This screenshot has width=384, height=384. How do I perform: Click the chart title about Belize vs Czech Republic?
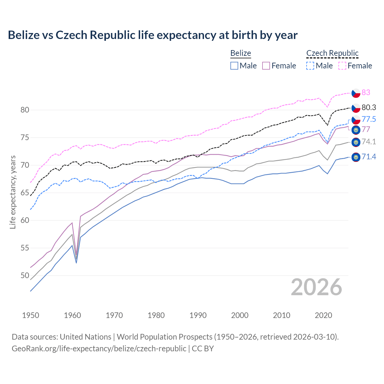pyautogui.click(x=153, y=35)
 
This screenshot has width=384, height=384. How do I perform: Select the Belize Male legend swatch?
pyautogui.click(x=234, y=66)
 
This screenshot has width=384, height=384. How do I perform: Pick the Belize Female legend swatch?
pyautogui.click(x=266, y=66)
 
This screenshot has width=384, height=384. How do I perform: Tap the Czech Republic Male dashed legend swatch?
pyautogui.click(x=310, y=66)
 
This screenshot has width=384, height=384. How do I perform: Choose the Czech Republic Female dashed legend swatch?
pyautogui.click(x=342, y=66)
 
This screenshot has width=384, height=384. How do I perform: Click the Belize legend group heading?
pyautogui.click(x=241, y=53)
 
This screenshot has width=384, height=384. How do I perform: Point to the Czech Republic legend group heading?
pyautogui.click(x=332, y=53)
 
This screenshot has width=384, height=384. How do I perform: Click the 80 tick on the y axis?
pyautogui.click(x=25, y=110)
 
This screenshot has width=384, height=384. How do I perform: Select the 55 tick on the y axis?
pyautogui.click(x=25, y=248)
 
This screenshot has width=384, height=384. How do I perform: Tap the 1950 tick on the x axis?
pyautogui.click(x=31, y=315)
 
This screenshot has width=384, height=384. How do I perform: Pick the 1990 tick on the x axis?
pyautogui.click(x=198, y=315)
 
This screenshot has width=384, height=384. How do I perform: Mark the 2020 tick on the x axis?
pyautogui.click(x=323, y=315)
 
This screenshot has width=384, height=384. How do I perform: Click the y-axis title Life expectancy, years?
pyautogui.click(x=13, y=192)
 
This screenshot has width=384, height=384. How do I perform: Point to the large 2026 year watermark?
pyautogui.click(x=316, y=287)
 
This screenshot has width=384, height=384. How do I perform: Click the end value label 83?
pyautogui.click(x=366, y=92)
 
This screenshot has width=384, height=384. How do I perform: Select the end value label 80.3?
pyautogui.click(x=369, y=107)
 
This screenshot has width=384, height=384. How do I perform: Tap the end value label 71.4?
pyautogui.click(x=369, y=157)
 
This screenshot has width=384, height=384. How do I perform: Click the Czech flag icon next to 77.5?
pyautogui.click(x=356, y=120)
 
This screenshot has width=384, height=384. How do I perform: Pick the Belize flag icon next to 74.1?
pyautogui.click(x=356, y=142)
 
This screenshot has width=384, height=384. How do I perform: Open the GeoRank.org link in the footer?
pyautogui.click(x=99, y=349)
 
